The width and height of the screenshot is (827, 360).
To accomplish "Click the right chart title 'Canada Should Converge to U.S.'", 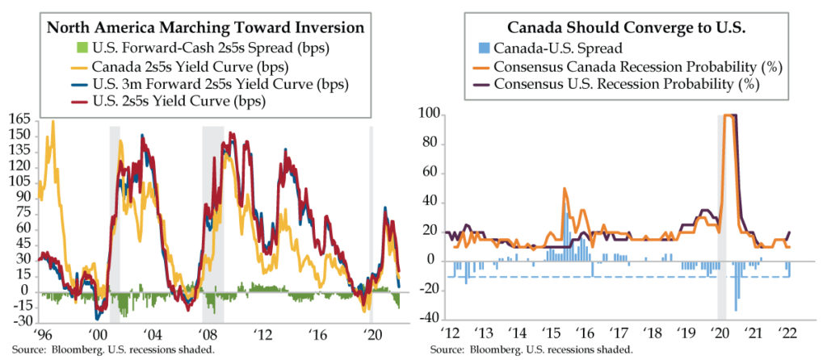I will pos(621,26).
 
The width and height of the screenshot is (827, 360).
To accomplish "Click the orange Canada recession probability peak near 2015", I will pos(565,189).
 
